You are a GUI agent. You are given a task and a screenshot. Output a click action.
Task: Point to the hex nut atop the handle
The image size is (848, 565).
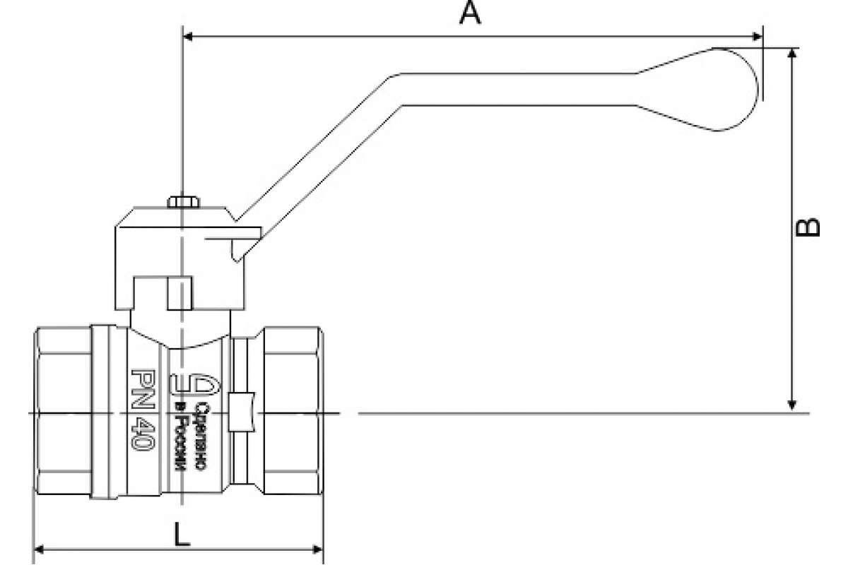[x=184, y=202]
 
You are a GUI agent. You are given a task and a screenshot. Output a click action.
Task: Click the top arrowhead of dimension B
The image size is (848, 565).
[x=793, y=55]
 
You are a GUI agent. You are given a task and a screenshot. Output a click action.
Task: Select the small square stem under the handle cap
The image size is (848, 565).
[x=179, y=293]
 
